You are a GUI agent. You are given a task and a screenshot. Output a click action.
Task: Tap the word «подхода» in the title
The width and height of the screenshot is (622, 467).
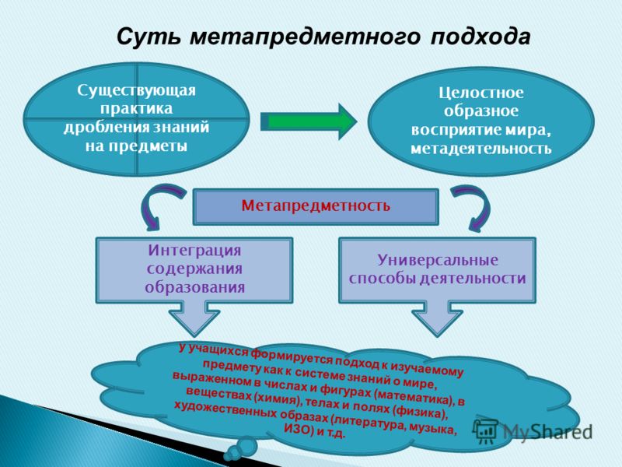480,37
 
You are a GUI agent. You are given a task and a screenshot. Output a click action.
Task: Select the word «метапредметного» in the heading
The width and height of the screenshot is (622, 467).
305,37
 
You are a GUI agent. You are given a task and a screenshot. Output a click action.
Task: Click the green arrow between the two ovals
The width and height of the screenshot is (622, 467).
309,121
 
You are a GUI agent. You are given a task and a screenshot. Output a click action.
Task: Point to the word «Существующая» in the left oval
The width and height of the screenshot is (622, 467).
137,90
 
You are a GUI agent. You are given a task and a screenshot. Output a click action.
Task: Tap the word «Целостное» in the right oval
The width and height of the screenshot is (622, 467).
480,93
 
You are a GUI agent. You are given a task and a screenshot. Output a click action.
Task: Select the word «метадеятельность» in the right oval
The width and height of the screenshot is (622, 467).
480,149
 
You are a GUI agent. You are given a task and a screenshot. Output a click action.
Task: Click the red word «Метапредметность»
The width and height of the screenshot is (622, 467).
316,205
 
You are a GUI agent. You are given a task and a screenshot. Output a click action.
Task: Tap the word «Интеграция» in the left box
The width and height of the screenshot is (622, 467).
194,251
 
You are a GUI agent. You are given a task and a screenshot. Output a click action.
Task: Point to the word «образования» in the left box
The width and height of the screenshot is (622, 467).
194,287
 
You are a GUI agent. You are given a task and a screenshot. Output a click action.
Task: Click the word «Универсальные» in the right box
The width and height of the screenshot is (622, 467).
438,260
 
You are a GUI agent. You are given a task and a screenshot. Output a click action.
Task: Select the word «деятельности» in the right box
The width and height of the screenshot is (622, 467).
473,279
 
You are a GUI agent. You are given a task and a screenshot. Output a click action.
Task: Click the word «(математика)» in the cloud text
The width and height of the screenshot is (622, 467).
414,395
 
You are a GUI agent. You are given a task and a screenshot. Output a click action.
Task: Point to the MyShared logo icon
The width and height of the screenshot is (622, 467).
485,431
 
